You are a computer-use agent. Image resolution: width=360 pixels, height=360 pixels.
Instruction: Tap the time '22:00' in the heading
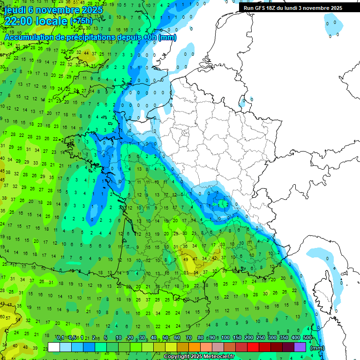click(x=20, y=21)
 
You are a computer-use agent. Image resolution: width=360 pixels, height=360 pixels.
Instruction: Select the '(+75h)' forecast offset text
click(x=82, y=21)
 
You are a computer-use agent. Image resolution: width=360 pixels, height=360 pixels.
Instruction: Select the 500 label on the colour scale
click(x=307, y=337)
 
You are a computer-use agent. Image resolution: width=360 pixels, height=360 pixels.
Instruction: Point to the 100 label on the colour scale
click(x=225, y=337)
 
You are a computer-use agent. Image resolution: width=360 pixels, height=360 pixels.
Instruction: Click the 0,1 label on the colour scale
click(x=60, y=337)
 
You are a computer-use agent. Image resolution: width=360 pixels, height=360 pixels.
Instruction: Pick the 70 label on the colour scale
click(x=189, y=337)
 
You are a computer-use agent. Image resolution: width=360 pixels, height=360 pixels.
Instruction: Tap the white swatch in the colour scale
click(x=54, y=347)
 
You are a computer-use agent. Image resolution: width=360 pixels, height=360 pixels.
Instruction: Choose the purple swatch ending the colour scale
click(x=300, y=347)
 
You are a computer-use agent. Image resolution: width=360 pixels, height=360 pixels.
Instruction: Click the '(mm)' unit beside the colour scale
click(x=317, y=348)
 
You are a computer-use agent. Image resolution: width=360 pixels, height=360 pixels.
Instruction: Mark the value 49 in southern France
click(x=186, y=259)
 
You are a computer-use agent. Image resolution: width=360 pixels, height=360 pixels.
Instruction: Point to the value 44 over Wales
click(x=87, y=53)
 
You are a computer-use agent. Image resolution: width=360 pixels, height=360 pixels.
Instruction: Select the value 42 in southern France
click(x=215, y=258)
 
